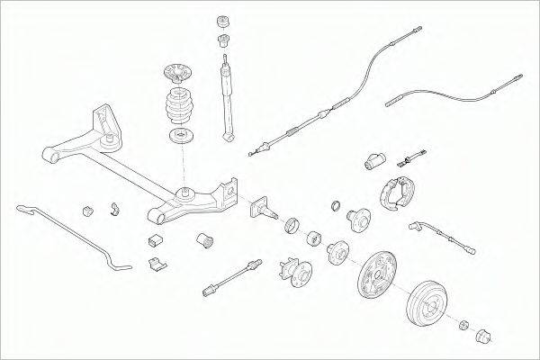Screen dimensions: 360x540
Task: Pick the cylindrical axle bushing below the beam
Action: [x=205, y=242]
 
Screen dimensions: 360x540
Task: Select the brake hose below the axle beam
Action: [x=232, y=274]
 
